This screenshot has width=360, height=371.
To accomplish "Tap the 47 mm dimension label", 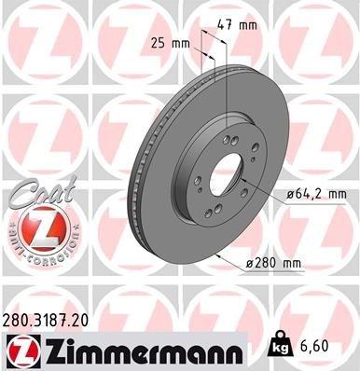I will (x=242, y=25).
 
